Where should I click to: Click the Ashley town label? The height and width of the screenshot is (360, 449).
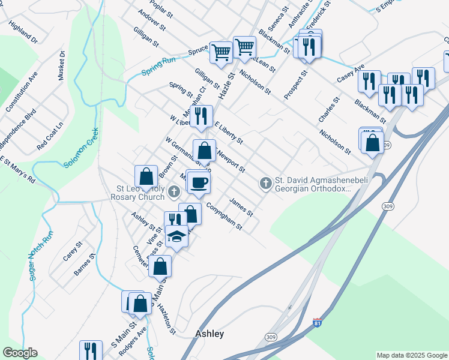209,334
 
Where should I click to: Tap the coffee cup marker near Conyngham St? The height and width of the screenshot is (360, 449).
199,182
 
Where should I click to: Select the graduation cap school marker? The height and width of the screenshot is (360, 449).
176,236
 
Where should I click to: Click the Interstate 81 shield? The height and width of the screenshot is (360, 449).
317,323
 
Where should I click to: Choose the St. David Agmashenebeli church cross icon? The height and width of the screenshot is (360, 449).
267,182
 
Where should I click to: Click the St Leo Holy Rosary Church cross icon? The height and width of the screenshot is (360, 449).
174,192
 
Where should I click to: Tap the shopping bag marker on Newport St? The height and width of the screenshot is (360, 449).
205,151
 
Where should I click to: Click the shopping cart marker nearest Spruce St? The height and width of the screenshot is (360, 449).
221,52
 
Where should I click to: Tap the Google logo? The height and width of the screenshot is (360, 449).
20,353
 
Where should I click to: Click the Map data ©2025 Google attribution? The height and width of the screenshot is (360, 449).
411,355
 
